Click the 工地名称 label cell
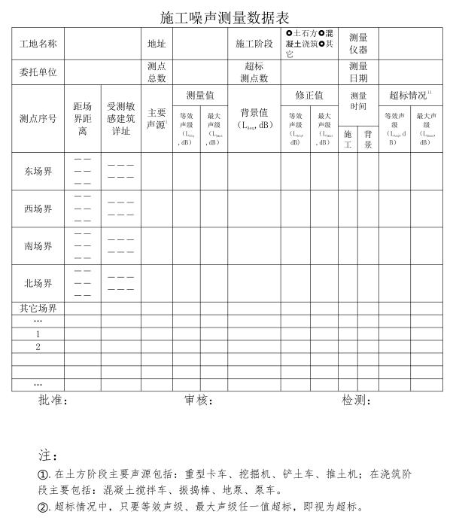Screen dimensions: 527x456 pos(38,44)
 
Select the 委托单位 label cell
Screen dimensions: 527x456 pos(38,73)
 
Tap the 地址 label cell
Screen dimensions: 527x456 pos(157,44)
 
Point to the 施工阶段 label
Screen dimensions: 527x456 pos(254,44)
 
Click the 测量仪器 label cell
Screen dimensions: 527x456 pos(358,44)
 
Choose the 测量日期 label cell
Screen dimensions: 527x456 pos(358,72)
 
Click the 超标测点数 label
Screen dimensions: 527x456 pos(254,72)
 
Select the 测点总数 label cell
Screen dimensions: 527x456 pos(157,72)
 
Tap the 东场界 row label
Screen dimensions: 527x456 pos(38,172)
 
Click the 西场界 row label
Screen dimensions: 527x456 pos(38,209)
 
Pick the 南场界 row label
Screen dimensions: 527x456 pos(38,246)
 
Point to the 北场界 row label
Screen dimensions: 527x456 pos(38,284)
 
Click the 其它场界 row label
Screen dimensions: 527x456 pos(38,309)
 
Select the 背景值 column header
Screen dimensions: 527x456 pos(254,119)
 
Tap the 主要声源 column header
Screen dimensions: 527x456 pos(157,119)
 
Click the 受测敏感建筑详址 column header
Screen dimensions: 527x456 pos(120,119)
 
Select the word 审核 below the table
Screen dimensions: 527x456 pos(197,401)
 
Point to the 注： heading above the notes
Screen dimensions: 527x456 pos(47,456)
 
